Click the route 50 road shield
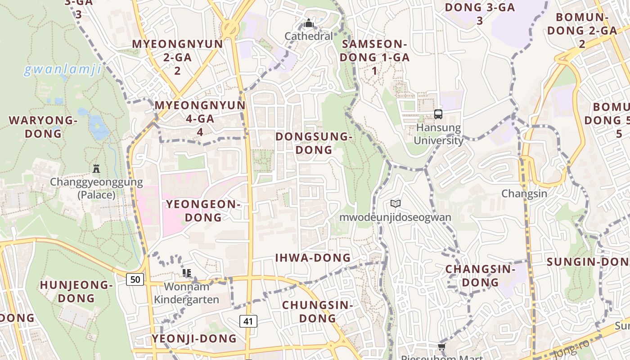coord(135,279)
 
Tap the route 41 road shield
coord(248,321)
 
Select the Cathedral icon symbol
coord(309,23)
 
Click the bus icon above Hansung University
coord(438,114)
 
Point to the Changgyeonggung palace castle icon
coord(96,169)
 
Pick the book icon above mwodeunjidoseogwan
coord(396,204)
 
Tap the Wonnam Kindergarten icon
coord(187,273)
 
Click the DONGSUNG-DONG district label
coord(312,143)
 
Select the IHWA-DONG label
coord(313,258)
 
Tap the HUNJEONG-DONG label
coord(76,291)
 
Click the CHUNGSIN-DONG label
coord(317,311)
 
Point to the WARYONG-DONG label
coord(43,127)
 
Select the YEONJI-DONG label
coord(194,338)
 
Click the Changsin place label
coord(524,193)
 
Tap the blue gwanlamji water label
coord(63,70)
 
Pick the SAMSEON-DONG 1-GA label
coord(374,57)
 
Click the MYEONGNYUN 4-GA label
coord(200,118)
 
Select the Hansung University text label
coord(438,134)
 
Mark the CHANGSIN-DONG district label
coord(480,275)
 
